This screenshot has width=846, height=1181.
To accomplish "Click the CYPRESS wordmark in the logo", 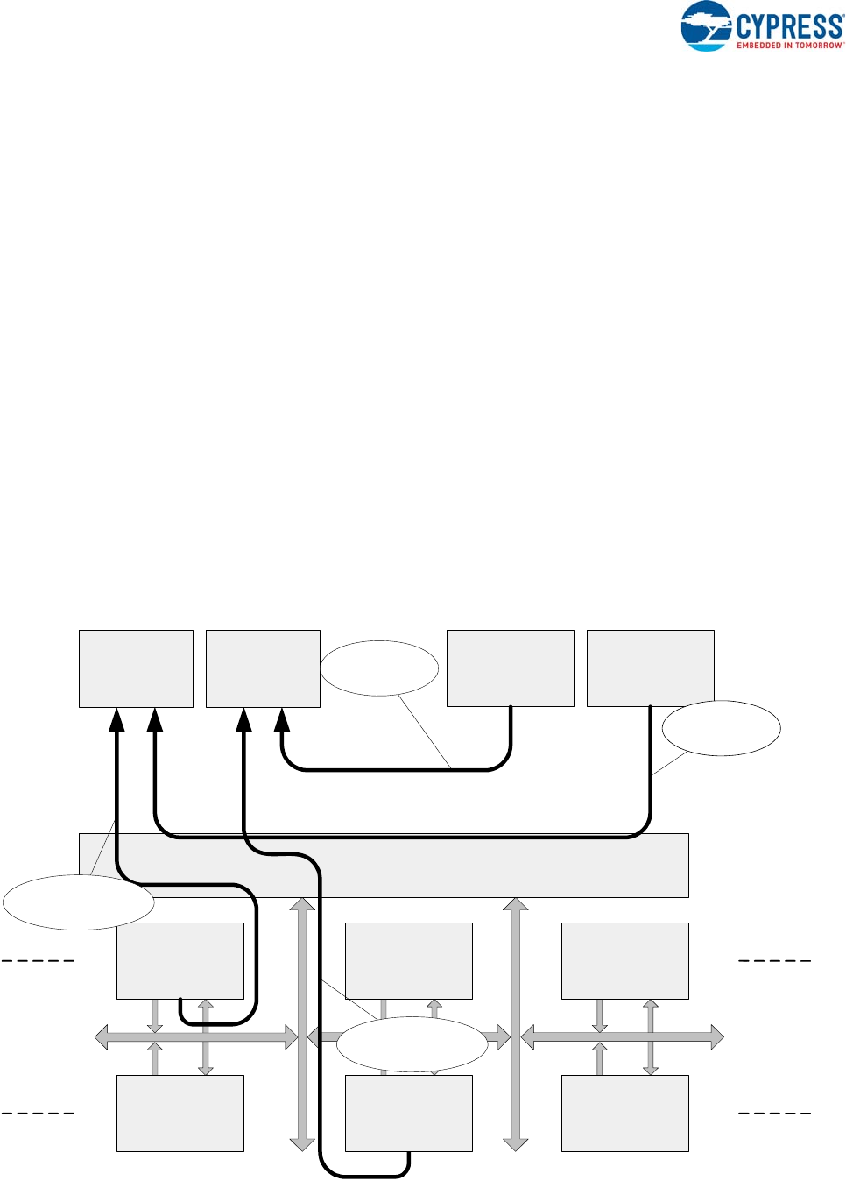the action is (x=789, y=25).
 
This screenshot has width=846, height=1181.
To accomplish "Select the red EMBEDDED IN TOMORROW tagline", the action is (x=789, y=46).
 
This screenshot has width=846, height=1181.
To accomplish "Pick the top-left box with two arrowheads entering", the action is (x=136, y=668).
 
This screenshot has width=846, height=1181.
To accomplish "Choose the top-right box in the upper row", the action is (x=650, y=668).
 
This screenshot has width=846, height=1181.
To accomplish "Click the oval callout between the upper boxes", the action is (x=379, y=668).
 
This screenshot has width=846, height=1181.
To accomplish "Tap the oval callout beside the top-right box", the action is (x=721, y=728).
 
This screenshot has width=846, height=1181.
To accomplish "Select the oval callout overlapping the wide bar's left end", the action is (x=79, y=902).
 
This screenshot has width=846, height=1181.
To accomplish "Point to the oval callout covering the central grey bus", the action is (x=412, y=1044).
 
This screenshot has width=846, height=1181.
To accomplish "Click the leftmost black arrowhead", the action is (x=116, y=720).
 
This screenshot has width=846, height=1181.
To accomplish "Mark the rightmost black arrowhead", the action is (x=282, y=720).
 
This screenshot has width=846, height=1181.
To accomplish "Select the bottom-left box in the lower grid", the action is (x=180, y=1113).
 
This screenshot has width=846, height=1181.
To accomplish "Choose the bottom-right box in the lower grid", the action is (x=624, y=1113).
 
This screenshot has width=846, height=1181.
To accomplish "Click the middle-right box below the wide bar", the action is (x=624, y=960).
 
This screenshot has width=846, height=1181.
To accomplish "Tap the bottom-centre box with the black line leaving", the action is (x=409, y=1113).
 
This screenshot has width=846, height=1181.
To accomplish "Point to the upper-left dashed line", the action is (x=38, y=961).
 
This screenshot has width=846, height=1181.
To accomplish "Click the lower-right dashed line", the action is (x=775, y=1114).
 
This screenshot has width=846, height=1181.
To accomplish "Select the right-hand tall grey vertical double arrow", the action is (x=516, y=1023).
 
